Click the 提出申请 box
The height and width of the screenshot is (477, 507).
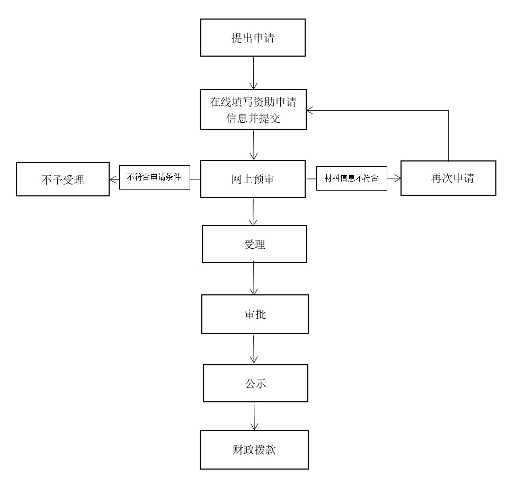coord(253,38)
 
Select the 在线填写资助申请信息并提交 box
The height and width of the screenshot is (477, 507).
coord(253,110)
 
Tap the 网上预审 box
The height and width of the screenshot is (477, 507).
coord(253,179)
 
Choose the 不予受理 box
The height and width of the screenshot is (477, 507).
coord(63,179)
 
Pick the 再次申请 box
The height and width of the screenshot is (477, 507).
coord(448,178)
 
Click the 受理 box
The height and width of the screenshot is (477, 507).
coord(254,244)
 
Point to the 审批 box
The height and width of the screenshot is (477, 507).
coord(255,314)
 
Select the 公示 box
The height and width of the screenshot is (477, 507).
coord(255,383)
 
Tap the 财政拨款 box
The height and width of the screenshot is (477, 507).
coord(254,450)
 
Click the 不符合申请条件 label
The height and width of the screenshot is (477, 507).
coord(154,177)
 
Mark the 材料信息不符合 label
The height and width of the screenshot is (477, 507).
coord(351,178)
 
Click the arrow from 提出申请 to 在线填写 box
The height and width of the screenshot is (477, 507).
coord(254,73)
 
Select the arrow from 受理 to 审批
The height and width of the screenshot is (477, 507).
coord(254,278)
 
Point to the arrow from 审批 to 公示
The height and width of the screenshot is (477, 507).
coord(255,348)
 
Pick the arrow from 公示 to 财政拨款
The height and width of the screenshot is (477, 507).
coord(255,416)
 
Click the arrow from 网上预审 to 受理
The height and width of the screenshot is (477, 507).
coord(254,212)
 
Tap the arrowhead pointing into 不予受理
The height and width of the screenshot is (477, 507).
coord(113,179)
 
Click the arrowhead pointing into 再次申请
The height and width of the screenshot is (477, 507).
coord(397,179)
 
